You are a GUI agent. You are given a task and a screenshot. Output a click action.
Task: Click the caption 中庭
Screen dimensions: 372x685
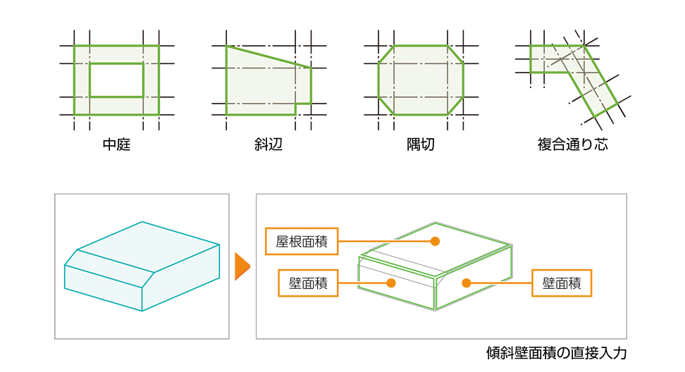pos(116,146)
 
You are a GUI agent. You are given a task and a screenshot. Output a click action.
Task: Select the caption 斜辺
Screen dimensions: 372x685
pos(269,146)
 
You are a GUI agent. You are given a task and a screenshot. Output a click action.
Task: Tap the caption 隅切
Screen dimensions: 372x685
pos(421,146)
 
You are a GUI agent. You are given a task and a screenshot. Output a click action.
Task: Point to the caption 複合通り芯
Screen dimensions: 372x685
pos(572,146)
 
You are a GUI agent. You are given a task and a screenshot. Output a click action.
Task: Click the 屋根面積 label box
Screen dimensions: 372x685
pos(302,241)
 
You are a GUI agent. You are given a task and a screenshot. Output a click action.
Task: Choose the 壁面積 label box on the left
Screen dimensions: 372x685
pos(308,283)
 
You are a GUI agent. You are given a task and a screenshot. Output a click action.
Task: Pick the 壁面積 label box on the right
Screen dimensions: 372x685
pos(562,283)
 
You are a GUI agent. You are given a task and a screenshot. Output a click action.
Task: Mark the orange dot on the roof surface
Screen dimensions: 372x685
pos(435,241)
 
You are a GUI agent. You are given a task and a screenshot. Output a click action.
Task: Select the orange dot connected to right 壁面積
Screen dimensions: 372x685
pos(465,283)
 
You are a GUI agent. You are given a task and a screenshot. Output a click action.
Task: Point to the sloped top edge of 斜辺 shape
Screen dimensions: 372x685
pos(269,56)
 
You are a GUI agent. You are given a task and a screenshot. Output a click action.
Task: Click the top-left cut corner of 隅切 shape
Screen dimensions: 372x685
pos(385,55)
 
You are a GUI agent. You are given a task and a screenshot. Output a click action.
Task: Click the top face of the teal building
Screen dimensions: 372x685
pos(152,247)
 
